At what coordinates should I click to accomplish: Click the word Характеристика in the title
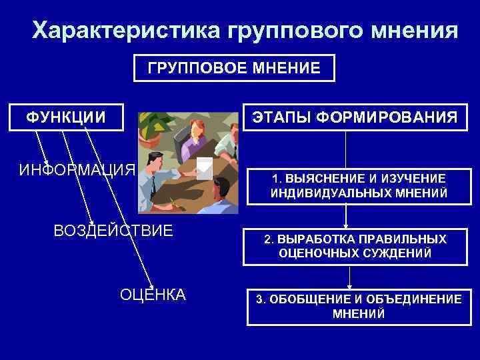pos(126,31)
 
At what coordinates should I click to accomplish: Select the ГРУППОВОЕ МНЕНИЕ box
pos(234,68)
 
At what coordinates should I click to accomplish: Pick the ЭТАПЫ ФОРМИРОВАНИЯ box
pos(353,118)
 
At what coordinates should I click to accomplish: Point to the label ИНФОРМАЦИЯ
pos(77,169)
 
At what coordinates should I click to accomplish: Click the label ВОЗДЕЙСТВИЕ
pos(113,231)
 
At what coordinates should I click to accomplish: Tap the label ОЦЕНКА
pos(153,295)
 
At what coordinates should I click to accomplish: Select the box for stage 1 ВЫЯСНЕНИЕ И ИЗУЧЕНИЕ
pos(359,186)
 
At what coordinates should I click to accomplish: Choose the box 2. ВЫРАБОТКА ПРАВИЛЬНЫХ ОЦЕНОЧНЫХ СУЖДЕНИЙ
pos(355,246)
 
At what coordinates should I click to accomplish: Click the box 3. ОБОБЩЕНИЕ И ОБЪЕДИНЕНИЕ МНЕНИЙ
pos(359,307)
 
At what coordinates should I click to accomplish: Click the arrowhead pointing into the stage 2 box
pos(346,225)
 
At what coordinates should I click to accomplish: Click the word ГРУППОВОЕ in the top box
pos(190,68)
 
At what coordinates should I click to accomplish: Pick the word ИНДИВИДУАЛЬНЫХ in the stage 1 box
pos(318,193)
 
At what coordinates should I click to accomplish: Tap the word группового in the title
pos(286,31)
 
